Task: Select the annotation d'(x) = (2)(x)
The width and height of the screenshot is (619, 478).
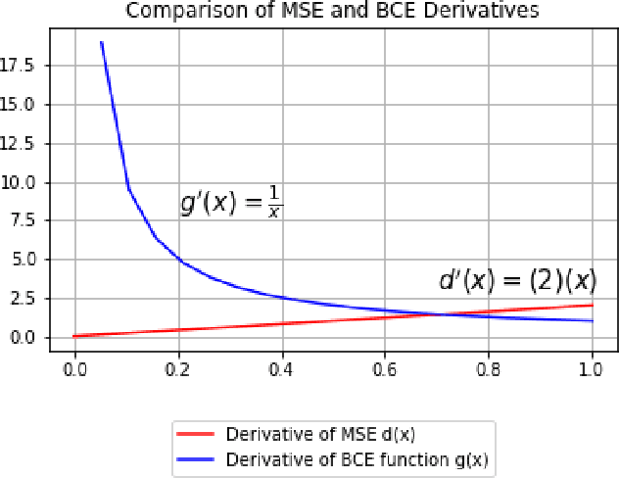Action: pyautogui.click(x=516, y=281)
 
